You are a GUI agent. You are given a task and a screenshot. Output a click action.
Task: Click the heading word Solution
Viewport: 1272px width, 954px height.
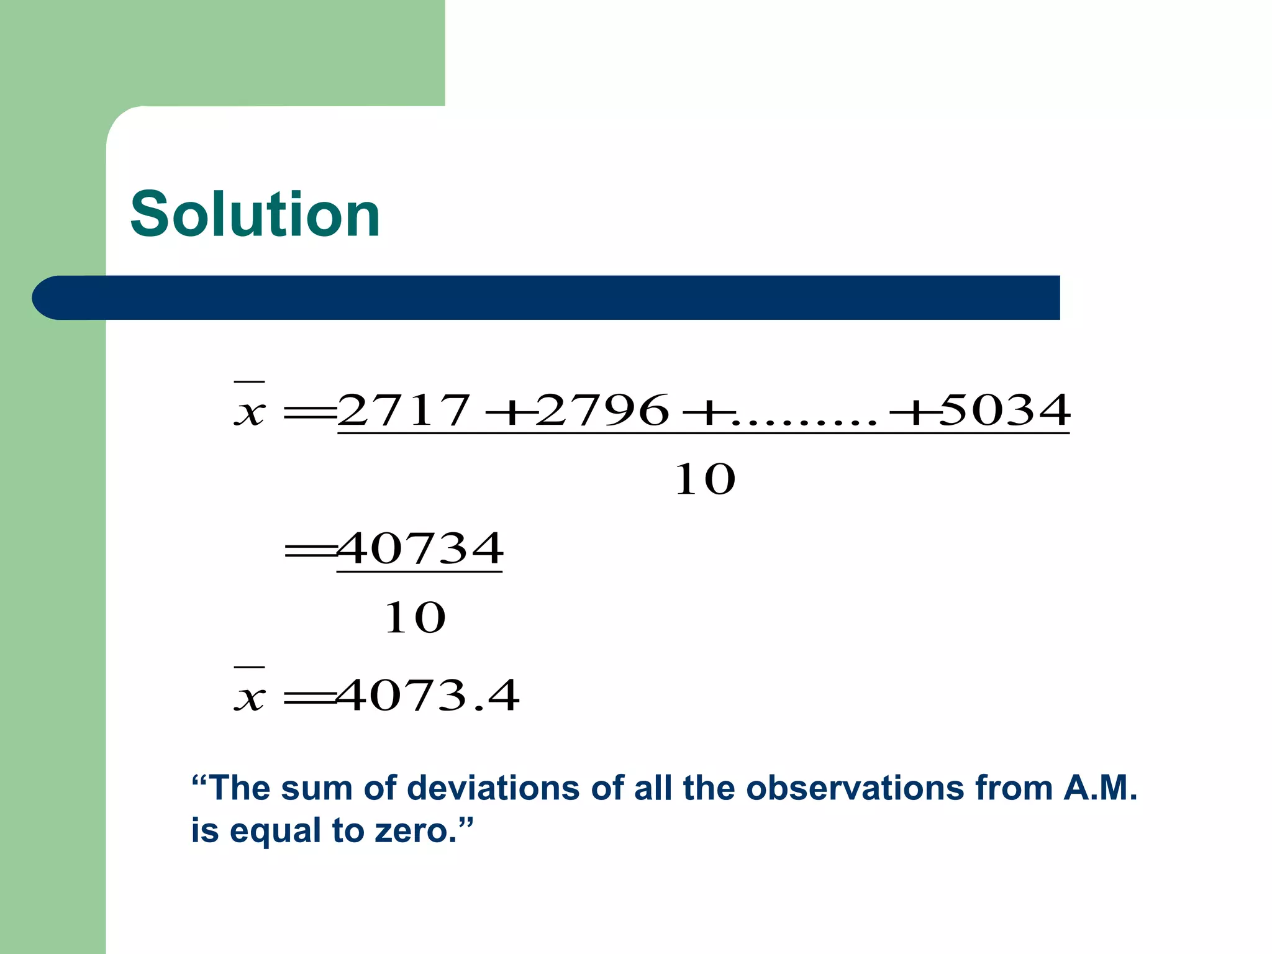(x=255, y=214)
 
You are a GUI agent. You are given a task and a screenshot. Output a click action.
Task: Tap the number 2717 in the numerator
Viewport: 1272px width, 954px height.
(x=404, y=411)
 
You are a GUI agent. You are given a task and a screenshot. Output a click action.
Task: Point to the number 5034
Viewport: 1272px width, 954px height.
(x=1005, y=411)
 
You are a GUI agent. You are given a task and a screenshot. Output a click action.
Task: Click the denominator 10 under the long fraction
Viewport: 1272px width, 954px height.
(x=705, y=479)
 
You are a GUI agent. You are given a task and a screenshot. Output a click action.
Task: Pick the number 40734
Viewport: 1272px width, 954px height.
(x=420, y=549)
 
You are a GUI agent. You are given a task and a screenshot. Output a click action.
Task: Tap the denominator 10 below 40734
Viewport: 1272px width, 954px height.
(x=415, y=618)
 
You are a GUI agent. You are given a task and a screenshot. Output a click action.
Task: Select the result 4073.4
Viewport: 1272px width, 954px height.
(x=427, y=696)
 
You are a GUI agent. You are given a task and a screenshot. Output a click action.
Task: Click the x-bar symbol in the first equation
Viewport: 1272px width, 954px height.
(x=250, y=407)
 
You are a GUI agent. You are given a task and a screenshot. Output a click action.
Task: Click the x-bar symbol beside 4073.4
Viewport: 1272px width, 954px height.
(x=250, y=693)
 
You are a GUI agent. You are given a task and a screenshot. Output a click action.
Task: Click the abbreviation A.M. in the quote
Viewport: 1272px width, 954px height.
(x=1100, y=788)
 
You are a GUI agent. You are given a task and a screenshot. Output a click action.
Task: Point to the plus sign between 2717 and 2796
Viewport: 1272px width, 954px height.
(x=504, y=412)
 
